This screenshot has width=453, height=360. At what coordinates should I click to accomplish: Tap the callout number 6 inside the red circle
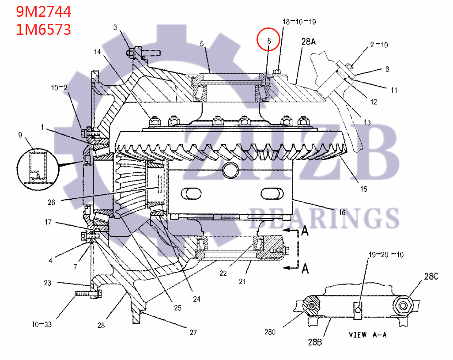coord(268,40)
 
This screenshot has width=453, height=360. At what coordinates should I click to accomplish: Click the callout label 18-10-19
coord(299,21)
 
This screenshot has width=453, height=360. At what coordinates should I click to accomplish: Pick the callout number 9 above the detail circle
coord(20,135)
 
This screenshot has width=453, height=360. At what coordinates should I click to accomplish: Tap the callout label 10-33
coord(41,325)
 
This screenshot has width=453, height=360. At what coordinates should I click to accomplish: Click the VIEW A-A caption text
coord(367,334)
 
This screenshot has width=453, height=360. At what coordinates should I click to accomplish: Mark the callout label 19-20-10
coord(386,255)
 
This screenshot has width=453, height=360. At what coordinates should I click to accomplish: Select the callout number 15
coord(363,189)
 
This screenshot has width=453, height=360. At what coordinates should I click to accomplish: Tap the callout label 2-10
coord(379,45)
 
